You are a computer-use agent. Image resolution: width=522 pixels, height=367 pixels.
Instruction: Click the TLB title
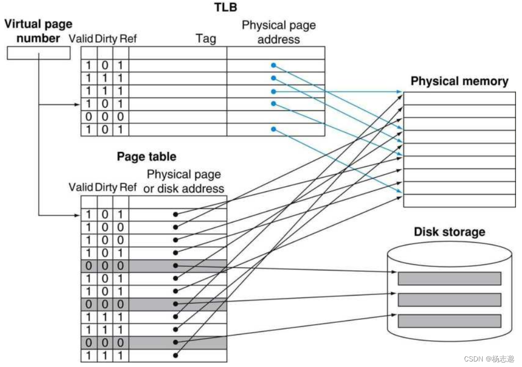[225, 7]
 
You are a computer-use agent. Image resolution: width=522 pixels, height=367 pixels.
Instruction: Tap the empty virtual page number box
[38, 53]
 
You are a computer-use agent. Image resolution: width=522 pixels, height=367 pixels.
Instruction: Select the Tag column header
[205, 38]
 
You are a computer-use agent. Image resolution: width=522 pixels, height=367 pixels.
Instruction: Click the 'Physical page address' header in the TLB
[278, 32]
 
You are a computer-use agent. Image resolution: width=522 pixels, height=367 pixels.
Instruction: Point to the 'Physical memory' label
[459, 82]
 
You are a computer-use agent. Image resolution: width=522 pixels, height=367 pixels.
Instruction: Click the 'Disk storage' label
[450, 232]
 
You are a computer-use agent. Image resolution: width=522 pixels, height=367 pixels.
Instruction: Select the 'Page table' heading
[146, 157]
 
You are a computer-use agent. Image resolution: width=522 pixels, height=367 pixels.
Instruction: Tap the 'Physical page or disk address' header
[185, 181]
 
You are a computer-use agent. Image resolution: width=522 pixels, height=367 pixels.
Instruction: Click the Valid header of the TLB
[81, 38]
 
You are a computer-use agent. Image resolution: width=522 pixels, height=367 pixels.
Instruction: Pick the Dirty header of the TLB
[106, 38]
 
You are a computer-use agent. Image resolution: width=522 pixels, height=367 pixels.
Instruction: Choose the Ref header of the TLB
[128, 38]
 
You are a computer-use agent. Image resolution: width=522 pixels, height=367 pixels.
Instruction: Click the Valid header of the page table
[81, 187]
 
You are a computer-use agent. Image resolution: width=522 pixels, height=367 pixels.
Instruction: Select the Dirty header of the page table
[106, 187]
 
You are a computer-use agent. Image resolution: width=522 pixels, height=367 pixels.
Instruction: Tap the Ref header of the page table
[128, 187]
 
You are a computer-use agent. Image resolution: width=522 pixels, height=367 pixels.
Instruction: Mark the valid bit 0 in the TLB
[89, 117]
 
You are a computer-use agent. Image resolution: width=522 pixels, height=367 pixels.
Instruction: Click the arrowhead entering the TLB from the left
[78, 104]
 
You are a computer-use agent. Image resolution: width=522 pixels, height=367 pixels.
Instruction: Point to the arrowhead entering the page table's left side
[78, 215]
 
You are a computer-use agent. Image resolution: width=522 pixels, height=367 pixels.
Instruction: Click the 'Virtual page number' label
[38, 31]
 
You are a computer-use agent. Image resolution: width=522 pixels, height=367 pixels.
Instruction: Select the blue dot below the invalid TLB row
[273, 129]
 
